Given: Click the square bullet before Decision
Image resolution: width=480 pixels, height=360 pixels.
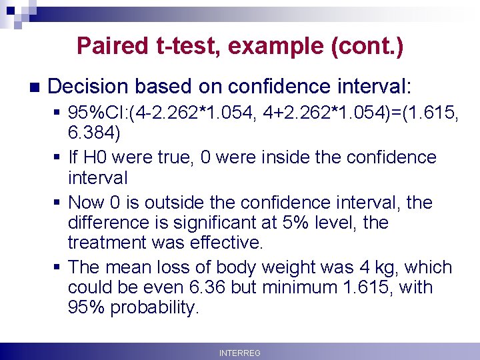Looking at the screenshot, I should (x=34, y=87).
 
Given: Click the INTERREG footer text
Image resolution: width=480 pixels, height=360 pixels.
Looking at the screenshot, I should (x=239, y=353).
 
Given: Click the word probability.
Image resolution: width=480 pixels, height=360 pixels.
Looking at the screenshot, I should (x=155, y=307).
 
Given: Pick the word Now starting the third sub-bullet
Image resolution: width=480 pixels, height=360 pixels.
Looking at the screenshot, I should (x=85, y=202).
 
